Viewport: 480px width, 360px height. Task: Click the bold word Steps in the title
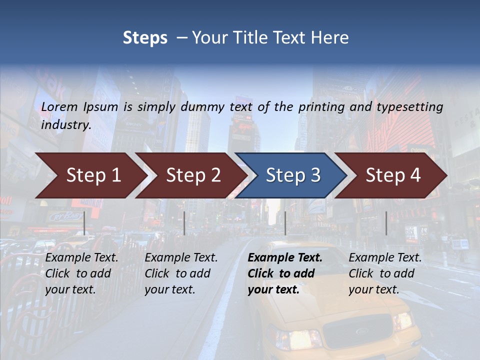[145, 38]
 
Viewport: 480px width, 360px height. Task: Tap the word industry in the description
[65, 124]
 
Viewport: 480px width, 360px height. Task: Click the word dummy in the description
[204, 107]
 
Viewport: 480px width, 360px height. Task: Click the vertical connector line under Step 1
[84, 223]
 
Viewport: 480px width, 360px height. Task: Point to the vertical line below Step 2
[184, 223]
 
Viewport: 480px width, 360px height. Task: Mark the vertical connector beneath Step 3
[285, 223]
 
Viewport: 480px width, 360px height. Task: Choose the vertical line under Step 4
[386, 223]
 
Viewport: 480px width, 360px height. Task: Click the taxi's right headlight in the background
[402, 320]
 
